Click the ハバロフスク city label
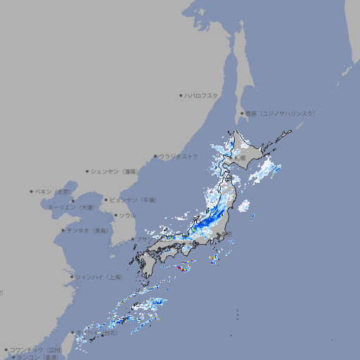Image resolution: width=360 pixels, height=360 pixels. pyautogui.click(x=202, y=95)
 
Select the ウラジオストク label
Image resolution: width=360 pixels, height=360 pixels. pyautogui.click(x=179, y=156)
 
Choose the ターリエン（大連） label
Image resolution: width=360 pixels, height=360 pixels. pyautogui.click(x=71, y=207)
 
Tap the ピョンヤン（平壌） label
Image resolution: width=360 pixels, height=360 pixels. pyautogui.click(x=133, y=200)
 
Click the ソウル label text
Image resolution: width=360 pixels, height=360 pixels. pyautogui.click(x=127, y=215)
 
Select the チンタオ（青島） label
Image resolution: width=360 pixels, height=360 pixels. pyautogui.click(x=87, y=230)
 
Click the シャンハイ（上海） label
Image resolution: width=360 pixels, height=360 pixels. pyautogui.click(x=99, y=277)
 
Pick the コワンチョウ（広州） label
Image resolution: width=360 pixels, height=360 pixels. pyautogui.click(x=35, y=349)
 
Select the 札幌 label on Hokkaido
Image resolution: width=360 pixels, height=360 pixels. pyautogui.click(x=240, y=159)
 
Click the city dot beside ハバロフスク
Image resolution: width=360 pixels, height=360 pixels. pyautogui.click(x=181, y=95)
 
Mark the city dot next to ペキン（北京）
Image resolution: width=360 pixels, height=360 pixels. pyautogui.click(x=32, y=191)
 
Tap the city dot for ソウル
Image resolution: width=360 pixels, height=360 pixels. pyautogui.click(x=115, y=215)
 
